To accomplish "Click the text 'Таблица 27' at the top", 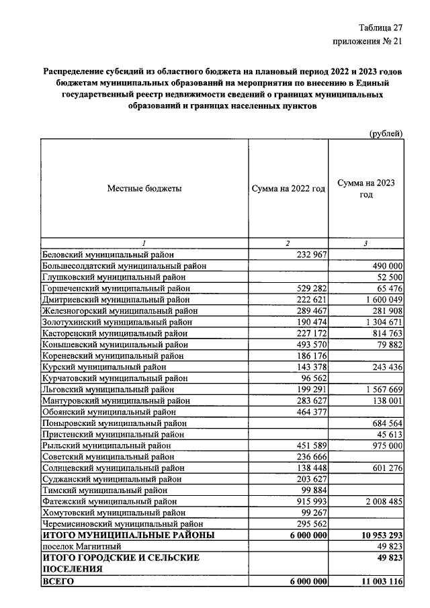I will pyautogui.click(x=380, y=27).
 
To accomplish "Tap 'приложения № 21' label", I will pyautogui.click(x=368, y=42).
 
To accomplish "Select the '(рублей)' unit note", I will pyautogui.click(x=386, y=133).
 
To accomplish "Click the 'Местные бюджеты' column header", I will pyautogui.click(x=144, y=189).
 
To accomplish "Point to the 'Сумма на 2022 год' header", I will pyautogui.click(x=288, y=189).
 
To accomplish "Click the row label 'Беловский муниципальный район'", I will pyautogui.click(x=107, y=255).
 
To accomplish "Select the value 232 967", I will pyautogui.click(x=311, y=255).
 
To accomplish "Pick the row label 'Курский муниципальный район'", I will pyautogui.click(x=104, y=367).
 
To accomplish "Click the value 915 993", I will pyautogui.click(x=311, y=501).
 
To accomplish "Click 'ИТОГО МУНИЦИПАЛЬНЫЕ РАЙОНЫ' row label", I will pyautogui.click(x=128, y=535).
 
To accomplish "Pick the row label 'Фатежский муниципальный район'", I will pyautogui.click(x=108, y=501).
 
